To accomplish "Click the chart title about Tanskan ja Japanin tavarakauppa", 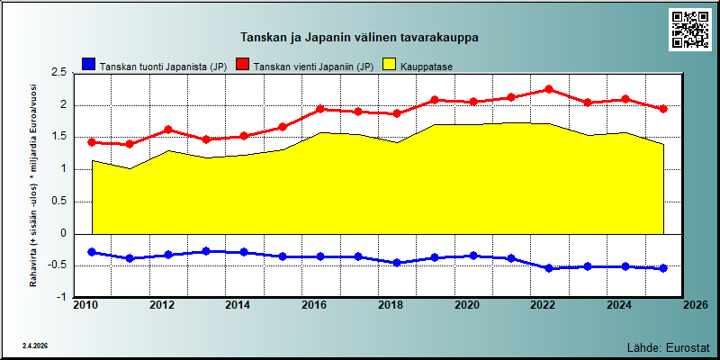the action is [x=359, y=38].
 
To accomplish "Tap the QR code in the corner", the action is [x=689, y=30].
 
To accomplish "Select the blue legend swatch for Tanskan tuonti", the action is [x=88, y=64].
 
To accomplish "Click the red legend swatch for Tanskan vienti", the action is [x=242, y=64].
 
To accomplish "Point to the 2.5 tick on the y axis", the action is [x=60, y=73].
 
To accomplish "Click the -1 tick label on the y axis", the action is [x=62, y=297].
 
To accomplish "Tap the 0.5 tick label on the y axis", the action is [x=60, y=202].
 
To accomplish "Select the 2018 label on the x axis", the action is [x=391, y=305].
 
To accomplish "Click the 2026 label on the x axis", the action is [x=696, y=305].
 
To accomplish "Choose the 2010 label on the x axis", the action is [x=85, y=305].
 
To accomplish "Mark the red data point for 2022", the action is [x=549, y=89].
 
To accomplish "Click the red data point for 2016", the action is [x=320, y=109].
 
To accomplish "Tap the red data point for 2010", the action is [x=92, y=142].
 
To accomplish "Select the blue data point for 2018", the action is [x=397, y=263].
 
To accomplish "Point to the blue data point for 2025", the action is [x=663, y=268].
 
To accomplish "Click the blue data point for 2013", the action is [x=206, y=251].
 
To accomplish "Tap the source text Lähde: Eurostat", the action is [x=669, y=346].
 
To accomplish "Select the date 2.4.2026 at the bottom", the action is [x=35, y=346].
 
